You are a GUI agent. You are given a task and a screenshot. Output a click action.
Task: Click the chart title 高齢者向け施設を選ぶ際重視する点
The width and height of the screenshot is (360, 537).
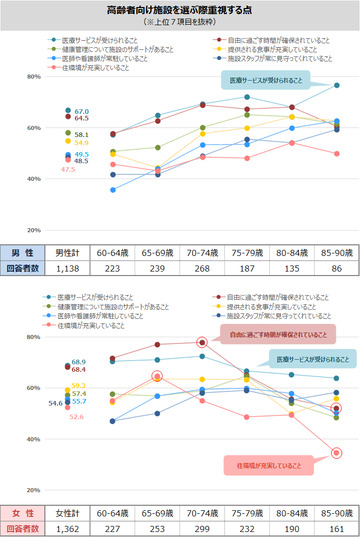[x=179, y=10]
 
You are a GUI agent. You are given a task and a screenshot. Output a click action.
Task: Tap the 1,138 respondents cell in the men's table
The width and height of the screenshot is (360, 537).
[x=67, y=268]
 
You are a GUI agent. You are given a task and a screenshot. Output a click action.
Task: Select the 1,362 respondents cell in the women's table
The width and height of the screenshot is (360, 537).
[x=68, y=529]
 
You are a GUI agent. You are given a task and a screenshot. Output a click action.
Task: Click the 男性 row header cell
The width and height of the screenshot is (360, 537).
[x=23, y=253]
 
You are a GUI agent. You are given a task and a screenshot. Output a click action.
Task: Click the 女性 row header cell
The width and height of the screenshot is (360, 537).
[x=23, y=513]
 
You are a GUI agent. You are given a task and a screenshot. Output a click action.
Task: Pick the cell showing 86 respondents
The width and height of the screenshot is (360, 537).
[x=336, y=268]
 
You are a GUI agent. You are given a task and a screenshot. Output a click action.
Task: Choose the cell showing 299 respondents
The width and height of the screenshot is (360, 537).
[x=202, y=529]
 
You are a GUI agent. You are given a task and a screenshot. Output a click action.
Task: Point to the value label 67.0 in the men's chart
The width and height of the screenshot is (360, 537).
[x=81, y=111]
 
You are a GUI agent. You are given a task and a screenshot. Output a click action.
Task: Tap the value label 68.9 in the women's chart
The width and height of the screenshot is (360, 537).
[x=79, y=362]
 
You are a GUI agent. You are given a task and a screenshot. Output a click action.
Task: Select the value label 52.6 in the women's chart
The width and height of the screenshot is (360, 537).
[x=77, y=417]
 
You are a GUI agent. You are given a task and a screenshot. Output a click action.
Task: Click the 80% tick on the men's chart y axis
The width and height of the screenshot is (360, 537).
[x=34, y=77]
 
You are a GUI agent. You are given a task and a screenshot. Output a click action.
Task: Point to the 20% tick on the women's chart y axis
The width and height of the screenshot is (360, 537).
[x=34, y=490]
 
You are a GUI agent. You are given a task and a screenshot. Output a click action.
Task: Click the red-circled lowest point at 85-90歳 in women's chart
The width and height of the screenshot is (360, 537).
[x=337, y=453]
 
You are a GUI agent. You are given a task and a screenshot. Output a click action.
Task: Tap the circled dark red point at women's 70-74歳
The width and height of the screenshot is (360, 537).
[x=202, y=343]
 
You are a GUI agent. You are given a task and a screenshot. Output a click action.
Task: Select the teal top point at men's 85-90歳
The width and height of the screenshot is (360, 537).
[x=337, y=85]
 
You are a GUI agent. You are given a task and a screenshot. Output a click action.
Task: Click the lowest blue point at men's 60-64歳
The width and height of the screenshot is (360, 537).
[x=113, y=190]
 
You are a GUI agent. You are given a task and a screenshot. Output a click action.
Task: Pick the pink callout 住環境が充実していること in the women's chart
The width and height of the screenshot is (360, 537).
[x=269, y=466]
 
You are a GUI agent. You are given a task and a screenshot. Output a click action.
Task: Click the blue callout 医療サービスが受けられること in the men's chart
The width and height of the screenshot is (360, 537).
[x=266, y=80]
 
